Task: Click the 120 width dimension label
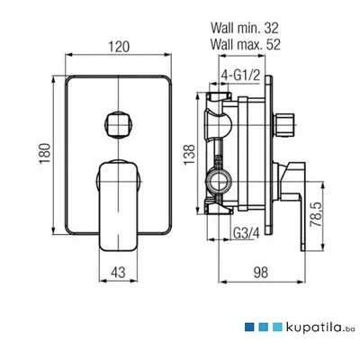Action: coord(119,47)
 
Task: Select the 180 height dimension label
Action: coord(44,153)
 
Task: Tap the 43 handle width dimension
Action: coord(118,273)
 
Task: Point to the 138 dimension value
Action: coord(190,154)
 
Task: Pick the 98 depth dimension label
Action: coord(260,273)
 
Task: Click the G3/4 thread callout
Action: coord(246,233)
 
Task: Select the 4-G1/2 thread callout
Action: coord(240,76)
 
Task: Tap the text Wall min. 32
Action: coord(245,28)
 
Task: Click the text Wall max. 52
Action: coord(246,44)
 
